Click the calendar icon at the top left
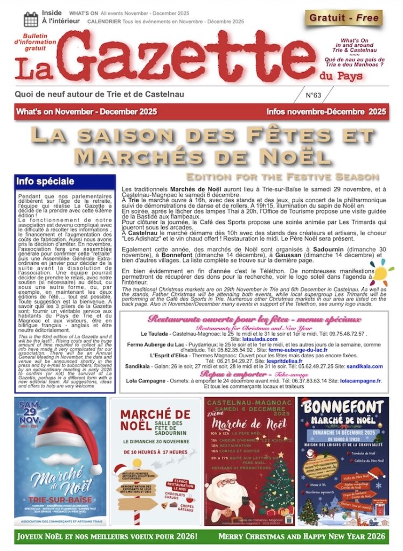[31, 19]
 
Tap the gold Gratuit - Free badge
[344, 18]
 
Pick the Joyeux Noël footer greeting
[108, 536]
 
